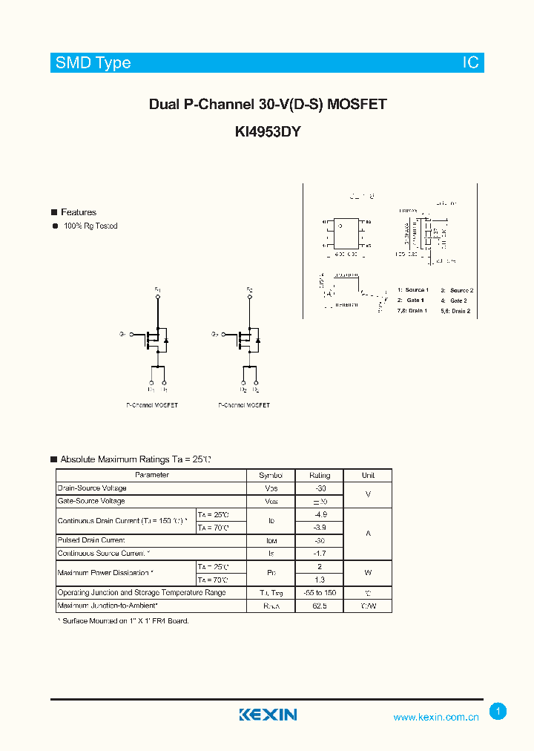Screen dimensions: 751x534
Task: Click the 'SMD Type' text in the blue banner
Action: [x=93, y=63]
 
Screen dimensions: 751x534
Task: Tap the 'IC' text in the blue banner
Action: [x=471, y=63]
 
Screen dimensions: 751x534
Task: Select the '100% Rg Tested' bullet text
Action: [x=90, y=226]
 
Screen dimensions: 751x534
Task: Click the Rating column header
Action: [x=320, y=476]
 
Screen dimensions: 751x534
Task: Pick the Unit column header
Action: [x=368, y=476]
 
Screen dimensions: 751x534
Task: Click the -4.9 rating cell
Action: [x=320, y=514]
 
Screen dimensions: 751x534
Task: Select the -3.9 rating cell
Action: [x=320, y=528]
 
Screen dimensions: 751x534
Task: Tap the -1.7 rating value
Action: [x=320, y=554]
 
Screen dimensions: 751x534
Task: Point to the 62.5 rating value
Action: [x=320, y=606]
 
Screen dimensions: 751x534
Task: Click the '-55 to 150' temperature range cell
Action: [x=320, y=593]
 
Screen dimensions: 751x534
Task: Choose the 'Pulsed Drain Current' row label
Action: [x=91, y=541]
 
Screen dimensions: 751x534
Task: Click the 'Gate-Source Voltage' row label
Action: [x=91, y=502]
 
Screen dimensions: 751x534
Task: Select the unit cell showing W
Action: [x=368, y=573]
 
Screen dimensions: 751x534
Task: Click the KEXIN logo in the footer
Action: [x=268, y=715]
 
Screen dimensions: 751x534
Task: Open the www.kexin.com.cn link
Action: [x=436, y=717]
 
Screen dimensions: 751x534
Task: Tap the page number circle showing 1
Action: [x=498, y=711]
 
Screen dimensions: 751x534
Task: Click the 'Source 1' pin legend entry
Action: [x=413, y=290]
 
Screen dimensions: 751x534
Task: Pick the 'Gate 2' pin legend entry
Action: [x=456, y=301]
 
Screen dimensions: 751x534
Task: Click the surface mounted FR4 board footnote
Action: [x=123, y=620]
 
